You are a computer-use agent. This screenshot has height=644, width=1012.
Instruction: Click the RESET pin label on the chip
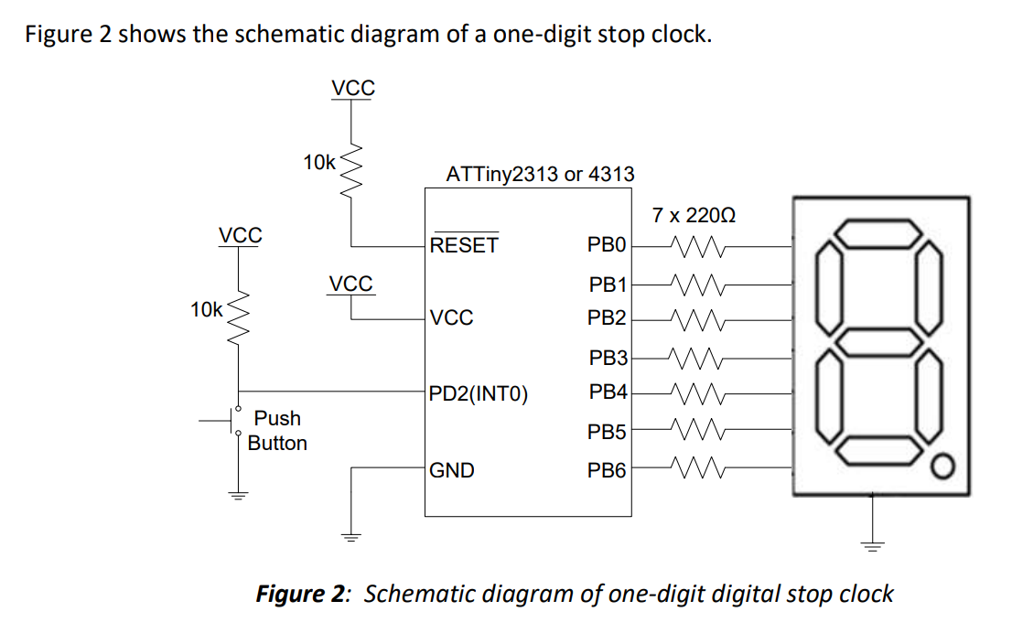pos(464,245)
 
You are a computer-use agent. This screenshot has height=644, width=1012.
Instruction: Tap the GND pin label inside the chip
pos(452,470)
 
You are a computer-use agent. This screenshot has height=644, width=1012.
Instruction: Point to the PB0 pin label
pos(607,245)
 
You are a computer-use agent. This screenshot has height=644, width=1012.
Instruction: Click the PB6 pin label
pos(607,470)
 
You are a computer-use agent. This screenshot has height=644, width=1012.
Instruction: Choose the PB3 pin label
pos(607,357)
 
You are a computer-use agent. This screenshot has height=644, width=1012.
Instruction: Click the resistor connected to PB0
pos(697,246)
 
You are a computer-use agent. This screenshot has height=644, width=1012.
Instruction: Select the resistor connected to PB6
pos(697,470)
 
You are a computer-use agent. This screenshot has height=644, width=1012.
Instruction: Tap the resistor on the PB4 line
pos(697,395)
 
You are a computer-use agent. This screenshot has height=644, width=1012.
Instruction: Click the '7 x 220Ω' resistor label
pos(694,216)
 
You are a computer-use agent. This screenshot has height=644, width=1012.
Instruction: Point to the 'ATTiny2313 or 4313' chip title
pos(539,174)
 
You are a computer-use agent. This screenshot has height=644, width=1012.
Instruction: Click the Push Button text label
pos(277,430)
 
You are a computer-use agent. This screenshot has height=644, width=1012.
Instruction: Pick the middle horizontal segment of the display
pos(878,344)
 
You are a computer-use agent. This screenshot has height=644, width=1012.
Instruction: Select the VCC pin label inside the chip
pos(452,318)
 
